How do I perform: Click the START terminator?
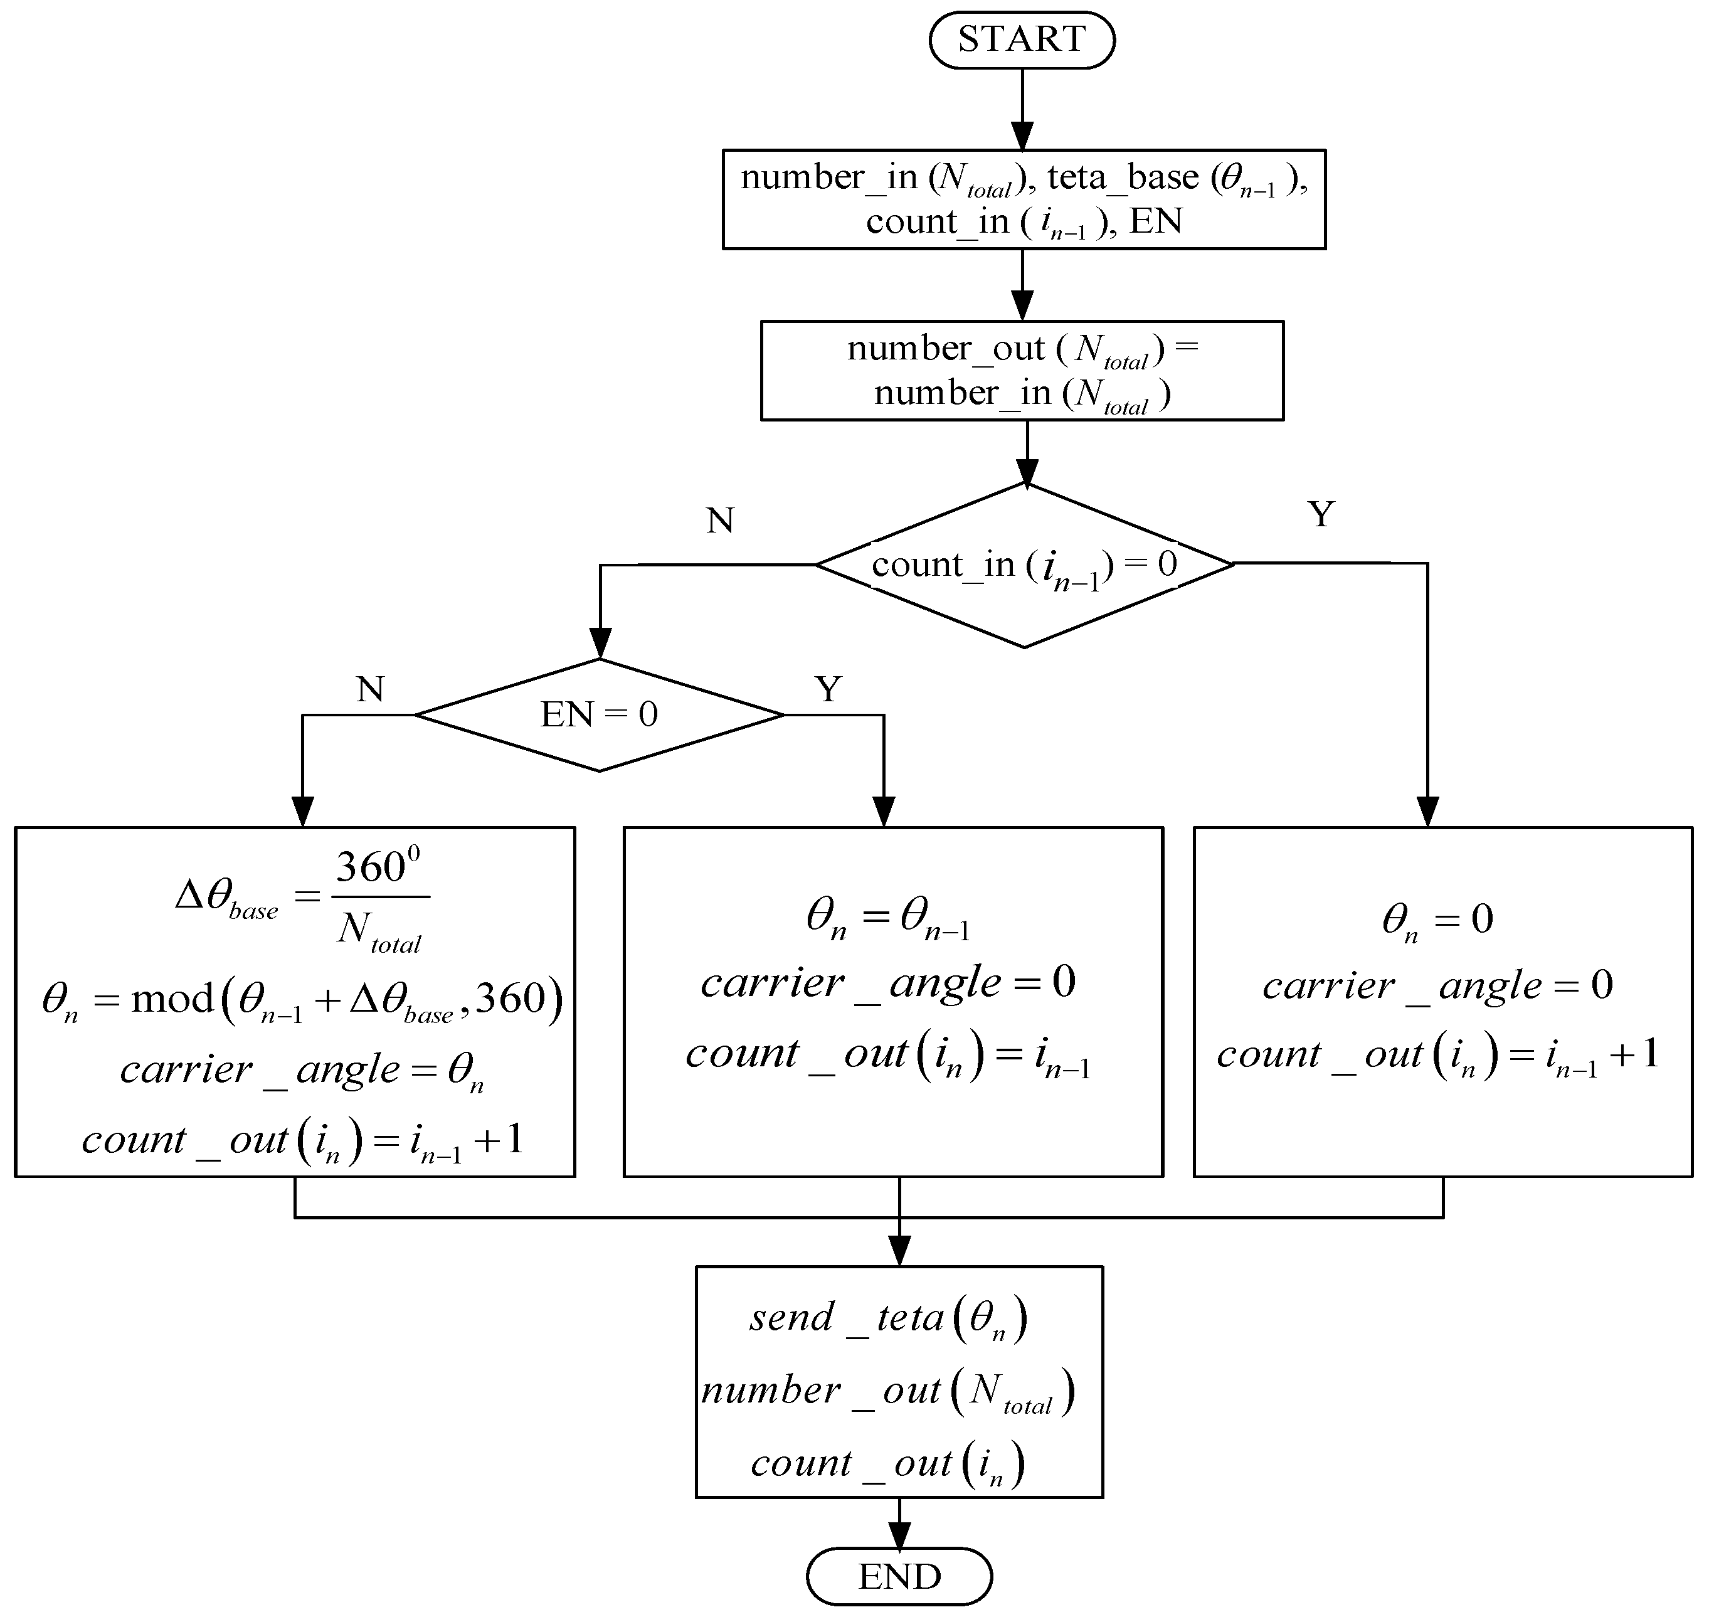1021,40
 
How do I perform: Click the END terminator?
899,1576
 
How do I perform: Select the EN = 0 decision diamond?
599,714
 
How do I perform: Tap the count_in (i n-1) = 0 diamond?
1024,565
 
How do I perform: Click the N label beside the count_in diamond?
719,521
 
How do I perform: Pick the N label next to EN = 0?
370,689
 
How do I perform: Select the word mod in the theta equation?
172,1000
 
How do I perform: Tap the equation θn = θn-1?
887,918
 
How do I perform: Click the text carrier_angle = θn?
302,1071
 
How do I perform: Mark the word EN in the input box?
1156,221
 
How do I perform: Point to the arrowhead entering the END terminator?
899,1536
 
